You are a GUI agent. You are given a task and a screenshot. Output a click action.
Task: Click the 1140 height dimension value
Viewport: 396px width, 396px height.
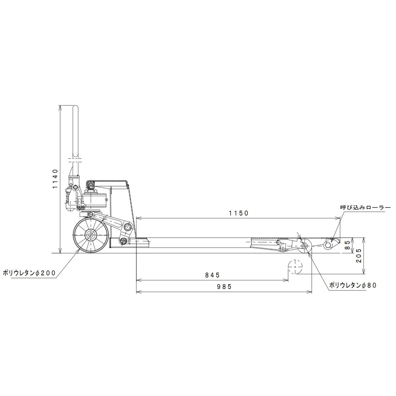[55, 179]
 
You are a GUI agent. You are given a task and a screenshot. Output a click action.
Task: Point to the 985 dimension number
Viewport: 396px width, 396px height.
[224, 287]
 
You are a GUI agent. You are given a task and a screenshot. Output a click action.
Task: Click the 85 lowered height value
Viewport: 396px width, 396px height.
[347, 245]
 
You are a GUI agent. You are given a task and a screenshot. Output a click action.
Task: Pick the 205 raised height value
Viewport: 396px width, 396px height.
[359, 255]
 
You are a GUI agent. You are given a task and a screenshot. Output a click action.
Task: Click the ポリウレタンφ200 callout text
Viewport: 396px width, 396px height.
[29, 273]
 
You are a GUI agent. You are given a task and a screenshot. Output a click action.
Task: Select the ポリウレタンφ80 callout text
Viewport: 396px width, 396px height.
[353, 285]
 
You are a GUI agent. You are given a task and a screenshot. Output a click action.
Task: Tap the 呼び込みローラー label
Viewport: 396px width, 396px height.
[365, 208]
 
